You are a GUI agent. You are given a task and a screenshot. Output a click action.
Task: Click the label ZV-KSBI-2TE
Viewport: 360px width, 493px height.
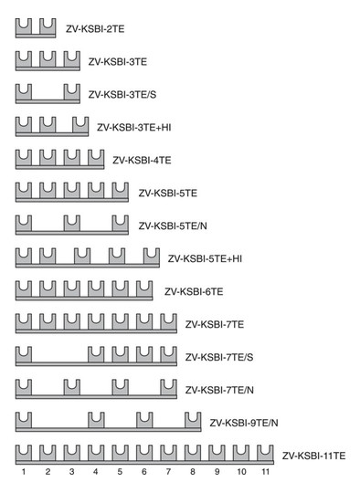point(97,28)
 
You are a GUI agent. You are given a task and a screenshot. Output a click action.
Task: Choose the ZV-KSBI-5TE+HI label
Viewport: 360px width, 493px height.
point(205,258)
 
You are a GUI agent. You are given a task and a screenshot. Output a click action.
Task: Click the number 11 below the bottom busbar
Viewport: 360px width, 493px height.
point(265,472)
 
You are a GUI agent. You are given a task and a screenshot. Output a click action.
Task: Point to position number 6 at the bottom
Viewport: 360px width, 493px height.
point(143,472)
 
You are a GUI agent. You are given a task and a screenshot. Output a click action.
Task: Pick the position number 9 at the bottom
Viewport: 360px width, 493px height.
point(217,472)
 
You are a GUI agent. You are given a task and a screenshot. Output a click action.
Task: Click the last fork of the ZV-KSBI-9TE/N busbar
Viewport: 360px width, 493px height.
point(192,420)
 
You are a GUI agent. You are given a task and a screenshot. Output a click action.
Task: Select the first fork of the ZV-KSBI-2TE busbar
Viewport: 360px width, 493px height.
point(24,26)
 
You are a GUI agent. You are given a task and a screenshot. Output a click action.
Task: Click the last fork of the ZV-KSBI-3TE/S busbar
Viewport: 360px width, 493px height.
point(71,92)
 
